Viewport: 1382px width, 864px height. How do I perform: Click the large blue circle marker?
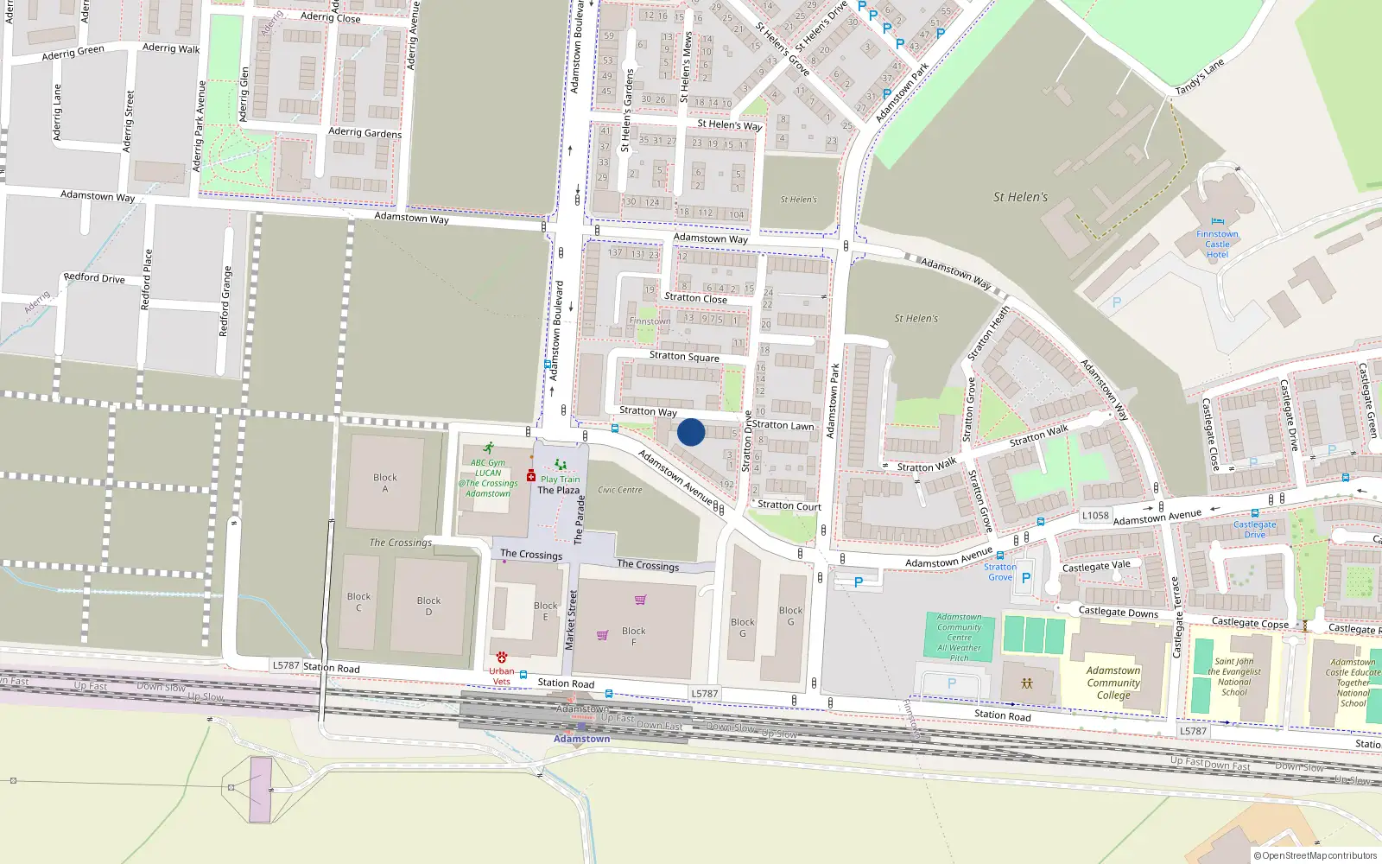691,432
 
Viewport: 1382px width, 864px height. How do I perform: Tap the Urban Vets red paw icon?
502,658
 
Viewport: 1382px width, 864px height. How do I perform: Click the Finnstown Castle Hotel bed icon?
1218,222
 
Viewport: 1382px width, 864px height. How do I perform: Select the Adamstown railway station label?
581,739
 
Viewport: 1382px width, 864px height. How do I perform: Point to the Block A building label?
385,483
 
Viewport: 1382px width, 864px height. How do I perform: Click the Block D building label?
428,606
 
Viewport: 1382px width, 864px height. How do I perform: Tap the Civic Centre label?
620,490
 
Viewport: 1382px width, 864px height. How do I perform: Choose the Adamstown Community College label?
1113,683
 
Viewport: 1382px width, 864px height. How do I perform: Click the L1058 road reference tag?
1095,516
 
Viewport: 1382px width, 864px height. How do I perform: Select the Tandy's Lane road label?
1200,78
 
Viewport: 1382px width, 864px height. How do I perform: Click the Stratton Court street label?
789,505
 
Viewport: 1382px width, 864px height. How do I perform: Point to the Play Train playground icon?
561,465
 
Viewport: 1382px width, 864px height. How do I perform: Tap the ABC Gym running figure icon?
489,448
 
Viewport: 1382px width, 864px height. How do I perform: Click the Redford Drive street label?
94,278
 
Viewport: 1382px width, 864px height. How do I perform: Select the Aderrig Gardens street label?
365,132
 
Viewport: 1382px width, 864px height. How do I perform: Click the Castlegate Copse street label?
1250,623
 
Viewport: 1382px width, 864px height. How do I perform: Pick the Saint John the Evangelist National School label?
1234,677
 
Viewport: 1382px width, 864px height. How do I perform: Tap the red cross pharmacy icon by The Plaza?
531,476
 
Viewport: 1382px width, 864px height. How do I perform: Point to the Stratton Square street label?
684,356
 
